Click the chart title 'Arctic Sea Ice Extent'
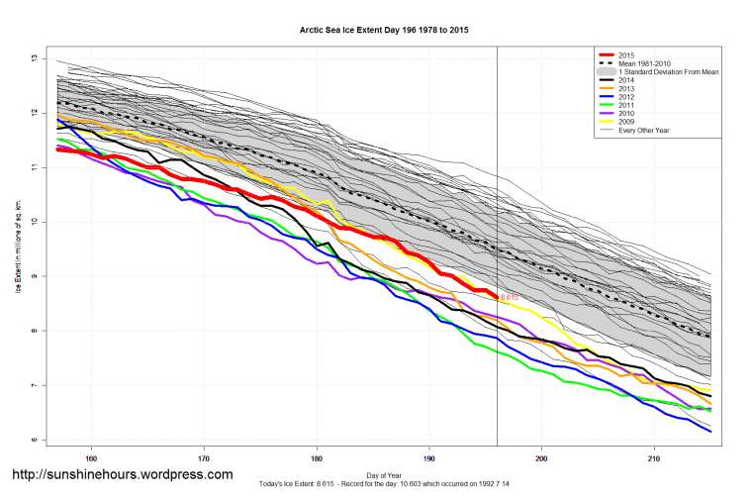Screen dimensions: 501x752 tap(384, 31)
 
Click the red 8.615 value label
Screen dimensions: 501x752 tap(510, 297)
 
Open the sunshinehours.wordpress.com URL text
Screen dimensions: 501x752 tap(123, 474)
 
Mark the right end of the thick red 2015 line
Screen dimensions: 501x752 tap(496, 296)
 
